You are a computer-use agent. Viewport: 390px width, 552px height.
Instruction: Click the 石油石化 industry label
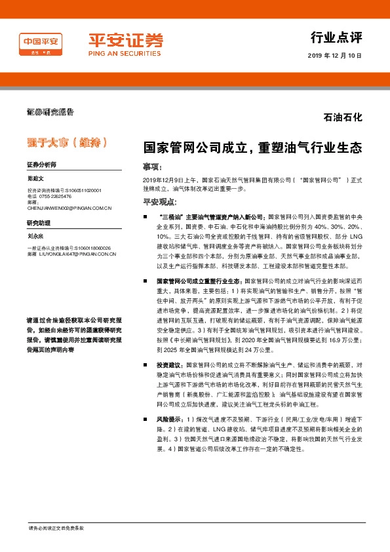click(343, 118)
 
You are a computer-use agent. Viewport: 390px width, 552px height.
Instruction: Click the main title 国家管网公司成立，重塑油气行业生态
click(252, 148)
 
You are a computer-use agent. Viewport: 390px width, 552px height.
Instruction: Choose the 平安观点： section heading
click(161, 203)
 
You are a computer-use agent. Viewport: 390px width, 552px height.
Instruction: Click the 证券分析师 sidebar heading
click(41, 165)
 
